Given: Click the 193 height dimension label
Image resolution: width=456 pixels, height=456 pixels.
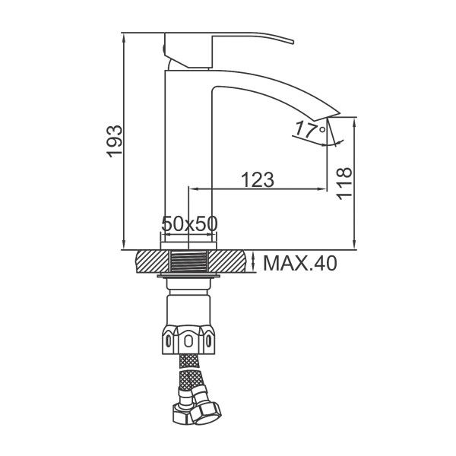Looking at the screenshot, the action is click(114, 141).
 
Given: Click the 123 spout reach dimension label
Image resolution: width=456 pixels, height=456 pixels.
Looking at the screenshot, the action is click(258, 179).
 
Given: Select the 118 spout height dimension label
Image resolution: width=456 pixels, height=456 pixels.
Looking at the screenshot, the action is click(344, 183).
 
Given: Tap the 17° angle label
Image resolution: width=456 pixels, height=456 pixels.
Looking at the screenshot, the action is click(310, 130).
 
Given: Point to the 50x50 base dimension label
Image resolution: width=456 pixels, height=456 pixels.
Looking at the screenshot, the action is click(189, 224).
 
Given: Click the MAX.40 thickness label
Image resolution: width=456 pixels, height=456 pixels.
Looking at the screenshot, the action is click(300, 263).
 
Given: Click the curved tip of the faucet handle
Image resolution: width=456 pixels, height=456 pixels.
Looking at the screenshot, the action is click(292, 41).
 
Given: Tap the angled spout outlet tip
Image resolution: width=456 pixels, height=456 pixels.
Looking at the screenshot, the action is click(326, 116).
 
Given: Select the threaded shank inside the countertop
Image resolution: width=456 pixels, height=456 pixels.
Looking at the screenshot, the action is click(188, 261).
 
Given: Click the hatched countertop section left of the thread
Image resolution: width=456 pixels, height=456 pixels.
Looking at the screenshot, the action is click(153, 261).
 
